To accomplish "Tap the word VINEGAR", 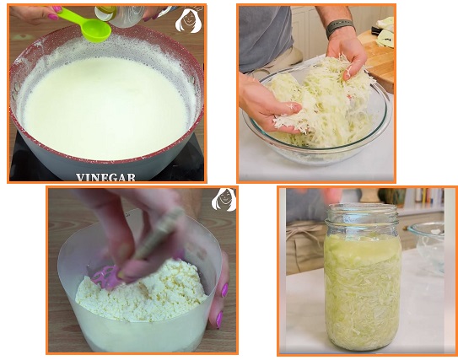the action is pyautogui.click(x=105, y=177).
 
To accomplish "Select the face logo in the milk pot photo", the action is pyautogui.click(x=189, y=20).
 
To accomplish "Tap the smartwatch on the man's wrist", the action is pyautogui.click(x=339, y=28).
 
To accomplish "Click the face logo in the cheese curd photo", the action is pyautogui.click(x=224, y=200).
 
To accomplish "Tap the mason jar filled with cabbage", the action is pyautogui.click(x=363, y=277).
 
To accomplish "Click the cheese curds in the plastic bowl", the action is pyautogui.click(x=140, y=291).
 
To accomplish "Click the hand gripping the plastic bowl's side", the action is pyautogui.click(x=219, y=292).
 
